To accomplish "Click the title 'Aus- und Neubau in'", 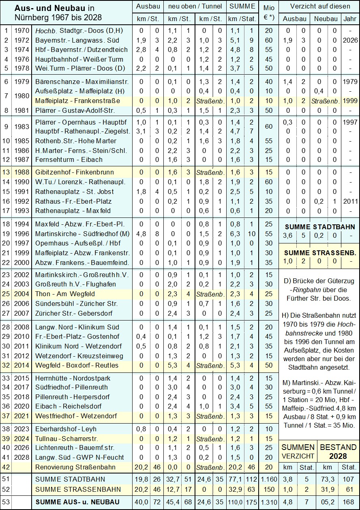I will click(54, 8).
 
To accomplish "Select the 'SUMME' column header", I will click(242, 6).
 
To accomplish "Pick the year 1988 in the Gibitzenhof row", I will click(21, 172).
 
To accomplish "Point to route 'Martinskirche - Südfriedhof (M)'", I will click(82, 234).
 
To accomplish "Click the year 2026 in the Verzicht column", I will click(350, 40).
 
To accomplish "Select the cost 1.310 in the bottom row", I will click(268, 502).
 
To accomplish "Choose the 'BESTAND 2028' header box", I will click(339, 451).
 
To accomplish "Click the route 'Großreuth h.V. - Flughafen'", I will click(75, 284).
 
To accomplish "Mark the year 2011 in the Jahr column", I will click(350, 201).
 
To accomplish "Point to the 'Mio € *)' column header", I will click(268, 13).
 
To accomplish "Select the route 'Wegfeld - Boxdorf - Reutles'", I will click(77, 365).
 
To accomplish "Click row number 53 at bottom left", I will click(6, 502).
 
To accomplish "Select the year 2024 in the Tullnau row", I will click(21, 439).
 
